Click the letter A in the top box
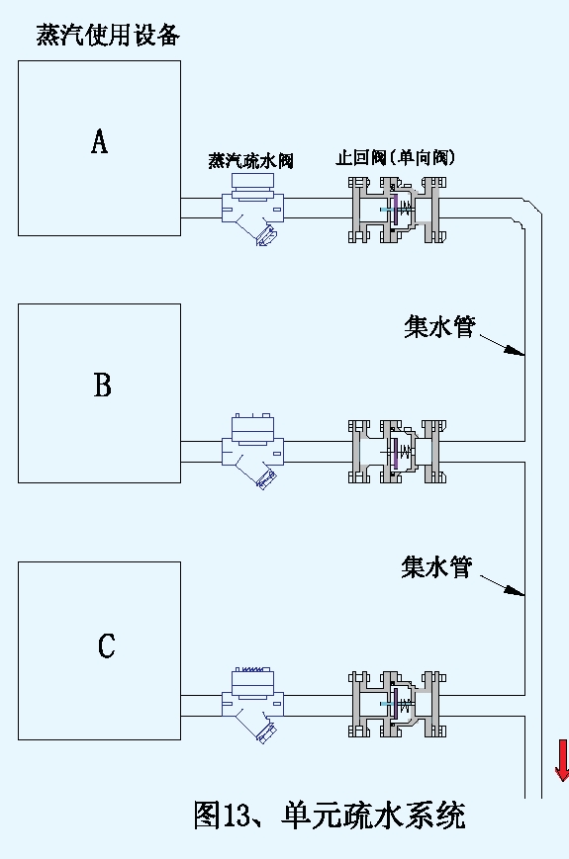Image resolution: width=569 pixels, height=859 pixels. pos(99,142)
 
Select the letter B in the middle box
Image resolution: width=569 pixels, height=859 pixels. pos(102,386)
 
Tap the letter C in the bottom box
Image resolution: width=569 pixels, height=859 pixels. pos(106,646)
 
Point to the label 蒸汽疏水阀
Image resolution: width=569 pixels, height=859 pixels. pos(250,160)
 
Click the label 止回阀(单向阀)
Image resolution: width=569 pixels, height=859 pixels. pos(395,157)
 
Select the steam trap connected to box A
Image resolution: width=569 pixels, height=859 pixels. pos(253,209)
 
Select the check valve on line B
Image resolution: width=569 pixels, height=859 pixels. pos(397,452)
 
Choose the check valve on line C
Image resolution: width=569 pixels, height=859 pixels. pos(397,704)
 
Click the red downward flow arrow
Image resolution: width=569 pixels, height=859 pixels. pos(561,760)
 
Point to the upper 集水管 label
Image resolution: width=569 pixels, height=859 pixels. pos(439,326)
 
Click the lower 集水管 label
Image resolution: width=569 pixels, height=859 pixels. pos(436,567)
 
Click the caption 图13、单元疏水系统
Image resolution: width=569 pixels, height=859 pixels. pos(329,815)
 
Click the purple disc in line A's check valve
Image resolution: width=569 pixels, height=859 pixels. pos(393,209)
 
